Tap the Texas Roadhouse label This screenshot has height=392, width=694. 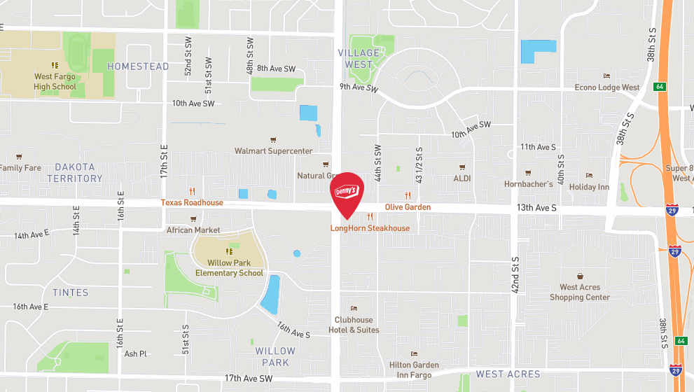point(192,203)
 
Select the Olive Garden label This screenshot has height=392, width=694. point(408,207)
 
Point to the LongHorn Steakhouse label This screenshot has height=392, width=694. point(370,228)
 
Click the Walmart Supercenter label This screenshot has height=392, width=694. point(273,150)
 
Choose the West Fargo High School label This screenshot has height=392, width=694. point(55,82)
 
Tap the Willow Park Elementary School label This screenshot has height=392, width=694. point(229,267)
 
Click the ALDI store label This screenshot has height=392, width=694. point(462,178)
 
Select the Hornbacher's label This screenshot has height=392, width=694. point(528,184)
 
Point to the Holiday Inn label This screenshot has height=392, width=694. point(589,187)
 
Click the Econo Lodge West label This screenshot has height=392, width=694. point(606,87)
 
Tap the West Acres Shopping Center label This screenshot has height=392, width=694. point(580,292)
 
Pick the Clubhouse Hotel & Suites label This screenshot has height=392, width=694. point(354,325)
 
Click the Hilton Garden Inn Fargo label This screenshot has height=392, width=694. point(414,369)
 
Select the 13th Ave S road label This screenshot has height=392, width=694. point(536,208)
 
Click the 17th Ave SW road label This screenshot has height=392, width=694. point(249,379)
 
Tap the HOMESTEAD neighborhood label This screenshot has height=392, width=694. point(138,66)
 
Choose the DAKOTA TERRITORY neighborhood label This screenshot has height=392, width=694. point(74,173)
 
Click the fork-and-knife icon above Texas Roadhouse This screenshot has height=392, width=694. point(191,190)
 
